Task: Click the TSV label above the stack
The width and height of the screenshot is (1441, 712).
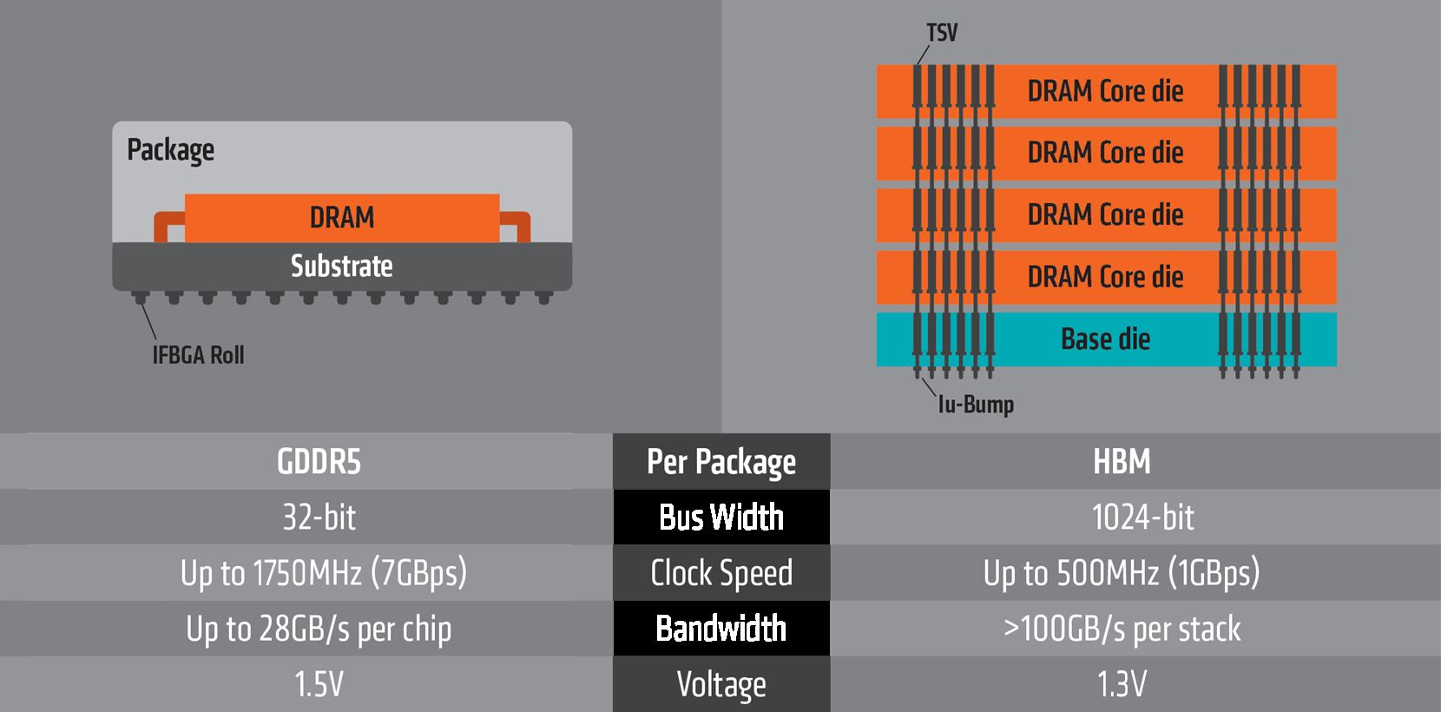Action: click(942, 32)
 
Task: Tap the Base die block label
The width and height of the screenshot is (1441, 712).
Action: click(1105, 339)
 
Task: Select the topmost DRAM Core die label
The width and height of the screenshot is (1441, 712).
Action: click(1105, 90)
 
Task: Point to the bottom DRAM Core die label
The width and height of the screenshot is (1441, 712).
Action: click(1105, 277)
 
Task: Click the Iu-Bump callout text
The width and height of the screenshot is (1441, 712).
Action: click(976, 405)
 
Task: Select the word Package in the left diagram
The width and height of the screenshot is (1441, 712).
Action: click(170, 150)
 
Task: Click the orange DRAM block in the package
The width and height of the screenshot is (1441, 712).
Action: click(342, 218)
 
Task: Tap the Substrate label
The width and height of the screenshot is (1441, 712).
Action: click(342, 267)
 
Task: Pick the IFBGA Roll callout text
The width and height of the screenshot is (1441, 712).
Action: click(198, 355)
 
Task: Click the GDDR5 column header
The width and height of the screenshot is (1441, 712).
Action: click(319, 462)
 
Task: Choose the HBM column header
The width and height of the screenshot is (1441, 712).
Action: click(1122, 462)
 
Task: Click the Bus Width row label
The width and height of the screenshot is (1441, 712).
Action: click(721, 518)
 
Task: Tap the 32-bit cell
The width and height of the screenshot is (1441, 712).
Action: click(319, 518)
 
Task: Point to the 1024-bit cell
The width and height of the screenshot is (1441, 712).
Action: click(1142, 518)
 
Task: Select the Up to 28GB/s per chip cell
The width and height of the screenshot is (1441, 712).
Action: click(319, 629)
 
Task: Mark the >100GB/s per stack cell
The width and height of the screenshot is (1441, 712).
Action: click(1122, 629)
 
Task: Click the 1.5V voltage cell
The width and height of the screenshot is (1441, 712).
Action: click(319, 684)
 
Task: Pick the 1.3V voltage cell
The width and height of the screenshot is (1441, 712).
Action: click(1122, 684)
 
